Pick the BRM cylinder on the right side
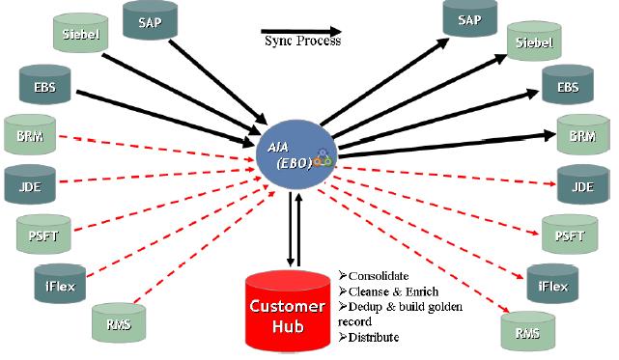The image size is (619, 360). click(582, 136)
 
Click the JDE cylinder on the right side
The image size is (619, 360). click(582, 186)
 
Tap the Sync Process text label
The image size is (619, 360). click(302, 42)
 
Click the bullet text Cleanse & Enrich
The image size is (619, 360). click(388, 291)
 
